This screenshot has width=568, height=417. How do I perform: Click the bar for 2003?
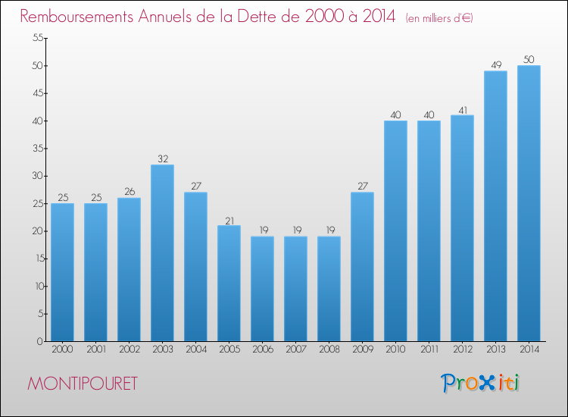pos(162,253)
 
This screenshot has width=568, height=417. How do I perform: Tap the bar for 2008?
pos(329,289)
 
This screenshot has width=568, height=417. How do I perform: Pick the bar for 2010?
pos(395,231)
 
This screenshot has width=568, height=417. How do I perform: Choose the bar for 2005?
pos(229,284)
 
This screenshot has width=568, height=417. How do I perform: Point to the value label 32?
pos(162,159)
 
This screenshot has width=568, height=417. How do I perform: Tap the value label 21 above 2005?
pos(229,220)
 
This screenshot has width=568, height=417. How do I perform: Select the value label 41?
pos(462,110)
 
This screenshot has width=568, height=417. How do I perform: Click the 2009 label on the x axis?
pos(362,350)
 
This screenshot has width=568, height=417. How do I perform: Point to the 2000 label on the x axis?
pos(62,350)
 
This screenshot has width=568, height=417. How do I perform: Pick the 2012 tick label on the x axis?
pos(462,350)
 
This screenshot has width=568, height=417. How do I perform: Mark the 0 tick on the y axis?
pos(38,341)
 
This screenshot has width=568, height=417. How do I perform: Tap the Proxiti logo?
pos(480,383)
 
